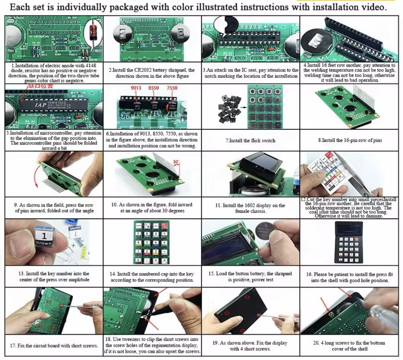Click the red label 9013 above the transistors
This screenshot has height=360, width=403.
click(136, 88)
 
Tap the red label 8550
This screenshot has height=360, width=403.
click(154, 88)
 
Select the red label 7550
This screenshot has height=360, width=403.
click(172, 88)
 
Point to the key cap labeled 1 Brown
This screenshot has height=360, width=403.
click(43, 238)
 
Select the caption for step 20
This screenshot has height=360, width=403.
click(350, 346)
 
